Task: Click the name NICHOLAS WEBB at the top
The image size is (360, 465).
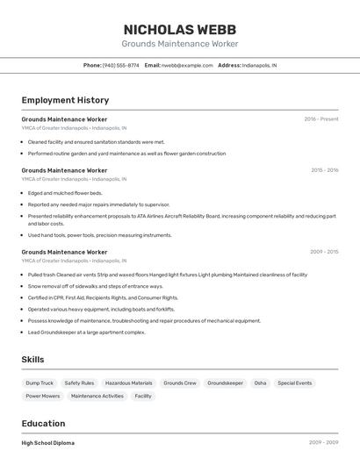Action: [179, 29]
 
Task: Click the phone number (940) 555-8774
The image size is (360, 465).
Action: [120, 65]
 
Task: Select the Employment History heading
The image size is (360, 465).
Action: [65, 100]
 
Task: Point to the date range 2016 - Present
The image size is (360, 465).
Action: [320, 119]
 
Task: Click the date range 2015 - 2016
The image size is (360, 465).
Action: [324, 170]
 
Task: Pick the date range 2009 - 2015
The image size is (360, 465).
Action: [324, 252]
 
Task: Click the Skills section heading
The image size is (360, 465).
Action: [32, 360]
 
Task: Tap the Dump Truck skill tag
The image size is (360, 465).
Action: [40, 383]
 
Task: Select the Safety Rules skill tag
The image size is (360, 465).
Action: [79, 383]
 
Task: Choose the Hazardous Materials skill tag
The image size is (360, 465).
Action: [128, 383]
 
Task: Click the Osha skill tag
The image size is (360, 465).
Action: [260, 383]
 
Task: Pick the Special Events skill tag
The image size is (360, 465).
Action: [294, 383]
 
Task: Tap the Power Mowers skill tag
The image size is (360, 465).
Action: [42, 397]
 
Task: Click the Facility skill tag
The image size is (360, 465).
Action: [143, 397]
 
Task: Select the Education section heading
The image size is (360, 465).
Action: [43, 424]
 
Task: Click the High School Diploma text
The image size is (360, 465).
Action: [48, 443]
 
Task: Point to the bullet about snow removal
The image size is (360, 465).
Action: [95, 286]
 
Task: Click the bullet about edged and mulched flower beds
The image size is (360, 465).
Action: [65, 193]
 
